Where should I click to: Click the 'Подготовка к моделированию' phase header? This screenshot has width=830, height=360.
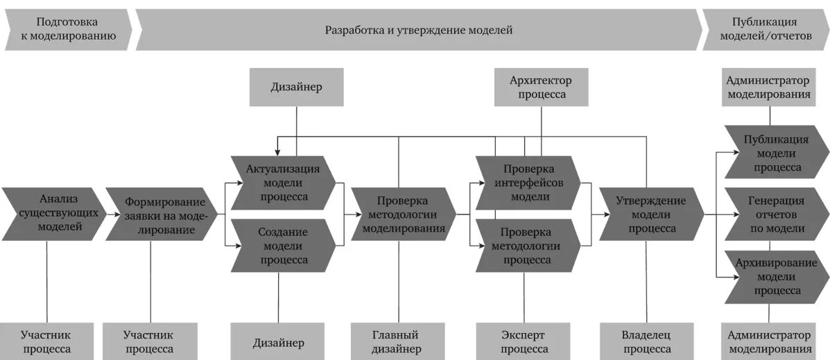click(x=68, y=30)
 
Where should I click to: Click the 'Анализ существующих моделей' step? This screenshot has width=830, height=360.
click(x=54, y=214)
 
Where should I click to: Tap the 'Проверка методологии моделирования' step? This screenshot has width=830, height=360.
click(x=402, y=214)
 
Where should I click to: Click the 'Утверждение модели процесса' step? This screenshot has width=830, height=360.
click(x=650, y=214)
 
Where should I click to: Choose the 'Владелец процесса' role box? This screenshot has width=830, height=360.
click(x=645, y=341)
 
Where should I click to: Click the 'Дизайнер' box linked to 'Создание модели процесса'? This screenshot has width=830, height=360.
click(x=278, y=341)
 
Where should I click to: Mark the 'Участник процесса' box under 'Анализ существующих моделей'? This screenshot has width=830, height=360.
click(x=46, y=341)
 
